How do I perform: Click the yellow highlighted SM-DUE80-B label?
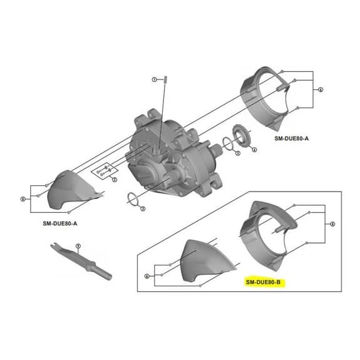click(x=264, y=283)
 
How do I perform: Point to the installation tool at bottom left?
click(x=81, y=263)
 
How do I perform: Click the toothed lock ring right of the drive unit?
click(x=241, y=137)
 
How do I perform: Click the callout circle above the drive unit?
click(x=153, y=80)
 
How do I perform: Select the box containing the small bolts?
click(x=105, y=169)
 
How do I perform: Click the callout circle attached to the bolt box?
click(x=114, y=180)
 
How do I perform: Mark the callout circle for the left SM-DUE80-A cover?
click(x=23, y=199)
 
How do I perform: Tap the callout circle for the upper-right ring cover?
click(x=321, y=90)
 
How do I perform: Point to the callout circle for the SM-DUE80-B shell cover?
click(x=147, y=275)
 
